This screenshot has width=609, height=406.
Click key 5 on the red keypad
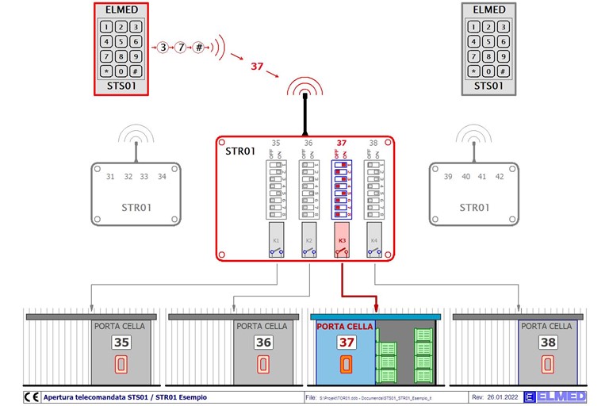121,41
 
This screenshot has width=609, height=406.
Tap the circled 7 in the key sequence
181,47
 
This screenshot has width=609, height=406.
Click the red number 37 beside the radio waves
256,67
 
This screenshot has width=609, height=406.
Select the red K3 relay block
343,240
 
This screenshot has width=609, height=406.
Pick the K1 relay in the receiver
277,240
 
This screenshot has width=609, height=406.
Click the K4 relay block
374,240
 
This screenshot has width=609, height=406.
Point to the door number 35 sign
121,343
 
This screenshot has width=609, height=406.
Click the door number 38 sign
547,343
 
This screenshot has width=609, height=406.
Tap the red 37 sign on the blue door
347,343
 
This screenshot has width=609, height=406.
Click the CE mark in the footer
32,396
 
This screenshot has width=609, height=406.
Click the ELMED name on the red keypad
121,10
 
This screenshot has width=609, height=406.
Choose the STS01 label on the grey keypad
488,86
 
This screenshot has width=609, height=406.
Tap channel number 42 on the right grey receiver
500,177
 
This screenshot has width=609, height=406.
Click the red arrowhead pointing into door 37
377,307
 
